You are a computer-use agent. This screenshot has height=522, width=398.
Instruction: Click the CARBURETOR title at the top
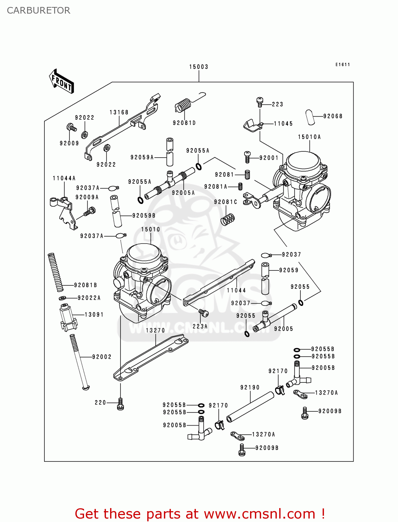click(x=39, y=10)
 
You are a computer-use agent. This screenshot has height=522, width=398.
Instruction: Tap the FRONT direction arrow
click(x=61, y=81)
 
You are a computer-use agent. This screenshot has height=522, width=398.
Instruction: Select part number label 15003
click(x=199, y=67)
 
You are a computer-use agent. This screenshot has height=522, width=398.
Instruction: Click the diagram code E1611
click(x=342, y=65)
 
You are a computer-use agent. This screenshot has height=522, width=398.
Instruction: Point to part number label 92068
click(x=333, y=116)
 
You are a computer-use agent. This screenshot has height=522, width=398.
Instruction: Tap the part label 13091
click(x=94, y=315)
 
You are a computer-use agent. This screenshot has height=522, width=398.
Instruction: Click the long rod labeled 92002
click(x=80, y=362)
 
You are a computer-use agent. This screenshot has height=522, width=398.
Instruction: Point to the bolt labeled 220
click(x=121, y=404)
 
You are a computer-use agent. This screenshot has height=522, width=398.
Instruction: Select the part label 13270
click(x=155, y=330)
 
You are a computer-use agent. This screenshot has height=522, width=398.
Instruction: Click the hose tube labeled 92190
click(x=250, y=407)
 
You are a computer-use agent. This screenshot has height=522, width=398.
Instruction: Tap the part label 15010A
click(x=309, y=137)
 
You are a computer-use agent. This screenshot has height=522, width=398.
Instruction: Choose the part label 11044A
click(x=64, y=179)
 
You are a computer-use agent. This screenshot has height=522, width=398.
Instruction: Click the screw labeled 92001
click(x=247, y=157)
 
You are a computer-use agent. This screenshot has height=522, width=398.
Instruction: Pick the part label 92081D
click(x=184, y=123)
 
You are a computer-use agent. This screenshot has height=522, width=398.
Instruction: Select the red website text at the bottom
click(x=200, y=514)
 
